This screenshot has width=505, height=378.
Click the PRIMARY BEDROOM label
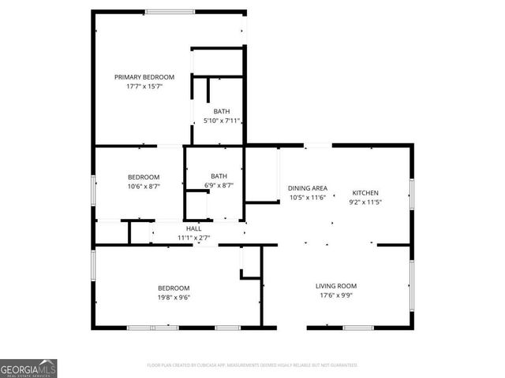tap(144, 77)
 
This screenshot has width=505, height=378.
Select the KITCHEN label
tap(365, 193)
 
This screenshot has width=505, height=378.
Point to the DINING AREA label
tap(308, 188)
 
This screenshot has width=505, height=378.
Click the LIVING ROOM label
tap(337, 286)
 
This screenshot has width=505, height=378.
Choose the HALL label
tap(193, 228)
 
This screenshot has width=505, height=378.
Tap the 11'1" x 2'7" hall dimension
tap(193, 237)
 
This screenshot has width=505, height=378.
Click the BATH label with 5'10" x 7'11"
tap(222, 112)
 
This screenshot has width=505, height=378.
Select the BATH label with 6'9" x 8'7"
tap(219, 176)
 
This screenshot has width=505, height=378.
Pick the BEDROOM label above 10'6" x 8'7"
tap(144, 176)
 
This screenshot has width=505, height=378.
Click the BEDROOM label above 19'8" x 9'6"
tap(173, 288)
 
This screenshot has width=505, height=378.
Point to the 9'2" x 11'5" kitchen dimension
tap(365, 202)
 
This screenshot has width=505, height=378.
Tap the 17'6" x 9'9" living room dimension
tap(337, 296)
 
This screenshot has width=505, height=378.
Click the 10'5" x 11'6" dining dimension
tap(308, 198)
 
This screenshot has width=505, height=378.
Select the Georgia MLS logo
tap(28, 369)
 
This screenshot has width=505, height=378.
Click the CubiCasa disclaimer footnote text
tap(252, 365)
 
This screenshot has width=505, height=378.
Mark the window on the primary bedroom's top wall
tap(170, 11)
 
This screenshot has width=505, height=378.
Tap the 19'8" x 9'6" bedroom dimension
tap(173, 298)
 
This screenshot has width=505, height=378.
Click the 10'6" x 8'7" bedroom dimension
tap(144, 186)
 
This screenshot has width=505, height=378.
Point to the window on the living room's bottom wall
tap(359, 327)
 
